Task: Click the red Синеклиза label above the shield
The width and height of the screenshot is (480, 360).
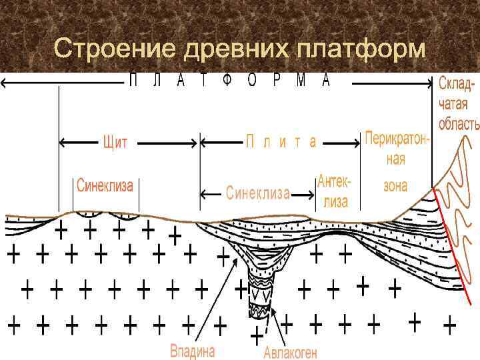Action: tap(105, 185)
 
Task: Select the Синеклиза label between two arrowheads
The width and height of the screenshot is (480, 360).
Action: tap(257, 193)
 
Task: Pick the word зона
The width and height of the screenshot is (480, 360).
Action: tap(395, 185)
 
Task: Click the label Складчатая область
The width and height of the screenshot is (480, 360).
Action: tap(459, 104)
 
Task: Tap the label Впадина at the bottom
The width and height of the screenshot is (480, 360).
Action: tap(194, 349)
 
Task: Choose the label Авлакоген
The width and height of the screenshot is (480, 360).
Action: tap(290, 351)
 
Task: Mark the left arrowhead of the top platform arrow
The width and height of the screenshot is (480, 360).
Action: tap(4, 83)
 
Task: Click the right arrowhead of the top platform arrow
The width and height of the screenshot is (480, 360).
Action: tap(430, 83)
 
